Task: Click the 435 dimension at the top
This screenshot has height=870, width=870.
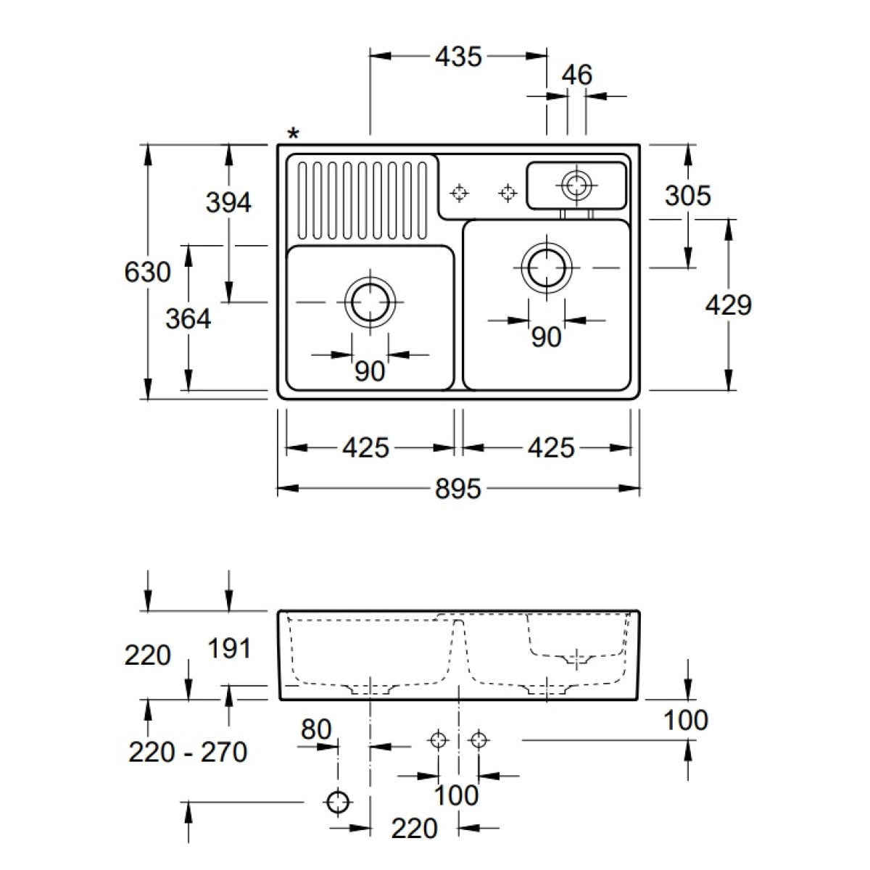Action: point(458,57)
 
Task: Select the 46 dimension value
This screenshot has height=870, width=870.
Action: point(577,75)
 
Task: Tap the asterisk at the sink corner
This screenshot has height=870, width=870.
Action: point(293,133)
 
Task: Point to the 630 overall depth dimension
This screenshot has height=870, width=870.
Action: point(148,273)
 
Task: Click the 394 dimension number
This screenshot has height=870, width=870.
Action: point(228,202)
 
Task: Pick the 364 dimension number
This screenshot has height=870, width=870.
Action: point(188,318)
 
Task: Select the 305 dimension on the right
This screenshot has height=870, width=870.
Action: point(687,195)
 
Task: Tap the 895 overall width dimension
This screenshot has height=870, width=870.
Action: point(458,489)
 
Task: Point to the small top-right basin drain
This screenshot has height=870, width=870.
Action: point(577,184)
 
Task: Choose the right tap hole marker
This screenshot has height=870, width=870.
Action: point(508,193)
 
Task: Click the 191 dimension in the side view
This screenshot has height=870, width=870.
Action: point(229,648)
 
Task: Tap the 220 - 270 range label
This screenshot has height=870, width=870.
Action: point(188,752)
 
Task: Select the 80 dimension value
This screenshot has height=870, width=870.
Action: point(316,729)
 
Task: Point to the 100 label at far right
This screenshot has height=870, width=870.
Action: point(686,720)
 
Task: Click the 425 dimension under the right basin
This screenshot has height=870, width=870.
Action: point(550,448)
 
